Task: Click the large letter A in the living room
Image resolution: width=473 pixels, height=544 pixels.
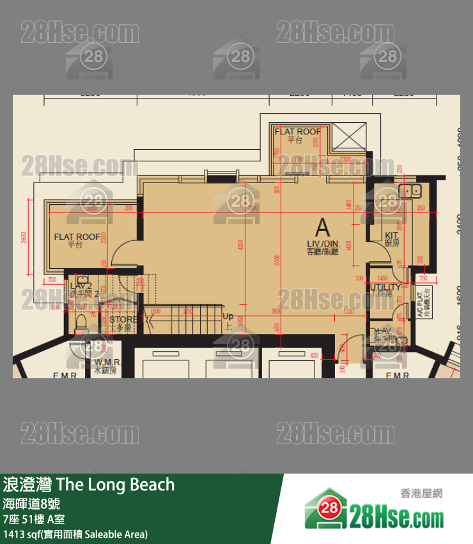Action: point(323,227)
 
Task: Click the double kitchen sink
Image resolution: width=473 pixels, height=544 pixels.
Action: point(409,190)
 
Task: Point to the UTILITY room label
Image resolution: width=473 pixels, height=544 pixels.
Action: point(385,287)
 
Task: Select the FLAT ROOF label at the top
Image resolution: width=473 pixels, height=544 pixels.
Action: point(297,132)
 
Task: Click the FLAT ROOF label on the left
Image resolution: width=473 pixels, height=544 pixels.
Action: point(77,237)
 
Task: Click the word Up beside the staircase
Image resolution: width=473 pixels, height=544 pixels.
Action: point(228,316)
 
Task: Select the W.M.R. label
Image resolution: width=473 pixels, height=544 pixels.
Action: point(105,362)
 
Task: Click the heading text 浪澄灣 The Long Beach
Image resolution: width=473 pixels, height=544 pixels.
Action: point(89,484)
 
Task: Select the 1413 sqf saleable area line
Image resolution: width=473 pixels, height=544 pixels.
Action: point(75,534)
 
